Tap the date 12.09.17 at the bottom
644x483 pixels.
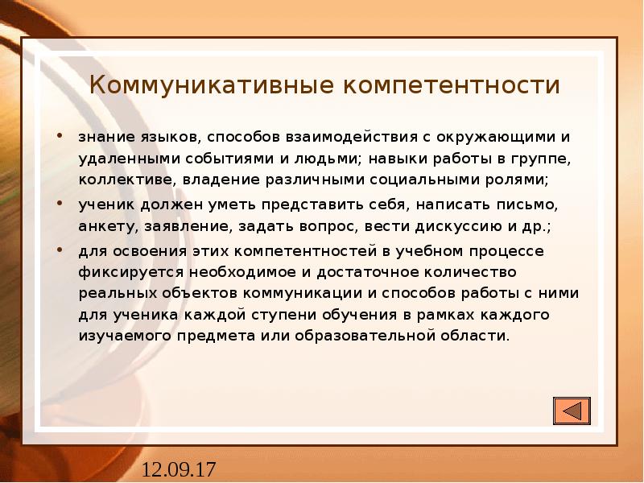180,469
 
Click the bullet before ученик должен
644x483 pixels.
60,204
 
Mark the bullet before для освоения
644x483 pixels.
60,250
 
